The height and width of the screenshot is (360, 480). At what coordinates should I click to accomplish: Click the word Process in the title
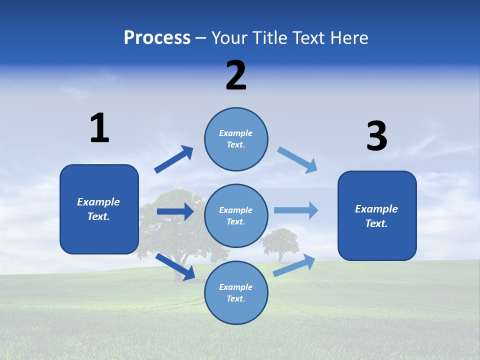coord(157,38)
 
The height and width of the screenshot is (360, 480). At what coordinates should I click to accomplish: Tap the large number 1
coord(99,128)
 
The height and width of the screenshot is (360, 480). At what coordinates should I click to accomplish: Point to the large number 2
coord(236,75)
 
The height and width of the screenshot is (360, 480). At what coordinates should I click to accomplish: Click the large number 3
coord(376,136)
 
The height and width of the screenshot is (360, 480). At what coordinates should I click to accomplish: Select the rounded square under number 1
coord(99,209)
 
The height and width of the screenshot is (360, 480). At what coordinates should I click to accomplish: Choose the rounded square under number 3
coord(377,215)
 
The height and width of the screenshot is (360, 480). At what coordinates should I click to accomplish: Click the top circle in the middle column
coord(236,139)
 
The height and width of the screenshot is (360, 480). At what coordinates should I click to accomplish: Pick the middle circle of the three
coord(236,215)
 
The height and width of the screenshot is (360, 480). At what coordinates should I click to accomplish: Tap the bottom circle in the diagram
coord(236,292)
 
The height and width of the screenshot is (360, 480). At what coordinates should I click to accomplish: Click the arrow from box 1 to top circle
coord(173,159)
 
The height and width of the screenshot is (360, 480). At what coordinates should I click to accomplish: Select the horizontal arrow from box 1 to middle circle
coord(175,211)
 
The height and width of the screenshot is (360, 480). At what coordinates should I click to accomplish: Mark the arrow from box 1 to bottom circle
coord(175,266)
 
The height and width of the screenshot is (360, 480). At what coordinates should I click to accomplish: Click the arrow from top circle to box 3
coord(297,160)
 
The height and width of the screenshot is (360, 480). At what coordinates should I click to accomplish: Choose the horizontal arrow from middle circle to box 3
coord(296,210)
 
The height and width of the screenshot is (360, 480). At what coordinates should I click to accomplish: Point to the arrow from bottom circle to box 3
coord(294,265)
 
